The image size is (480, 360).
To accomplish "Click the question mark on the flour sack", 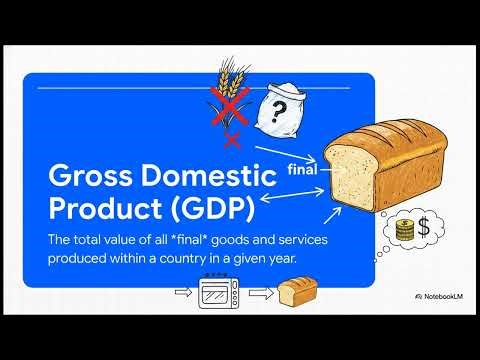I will (x=276, y=106).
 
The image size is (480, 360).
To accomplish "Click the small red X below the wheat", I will (x=233, y=139).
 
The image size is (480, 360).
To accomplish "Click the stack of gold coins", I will (x=406, y=231).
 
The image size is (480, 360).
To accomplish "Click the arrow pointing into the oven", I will (x=183, y=294).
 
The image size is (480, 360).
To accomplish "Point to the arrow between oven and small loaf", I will (x=259, y=294).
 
